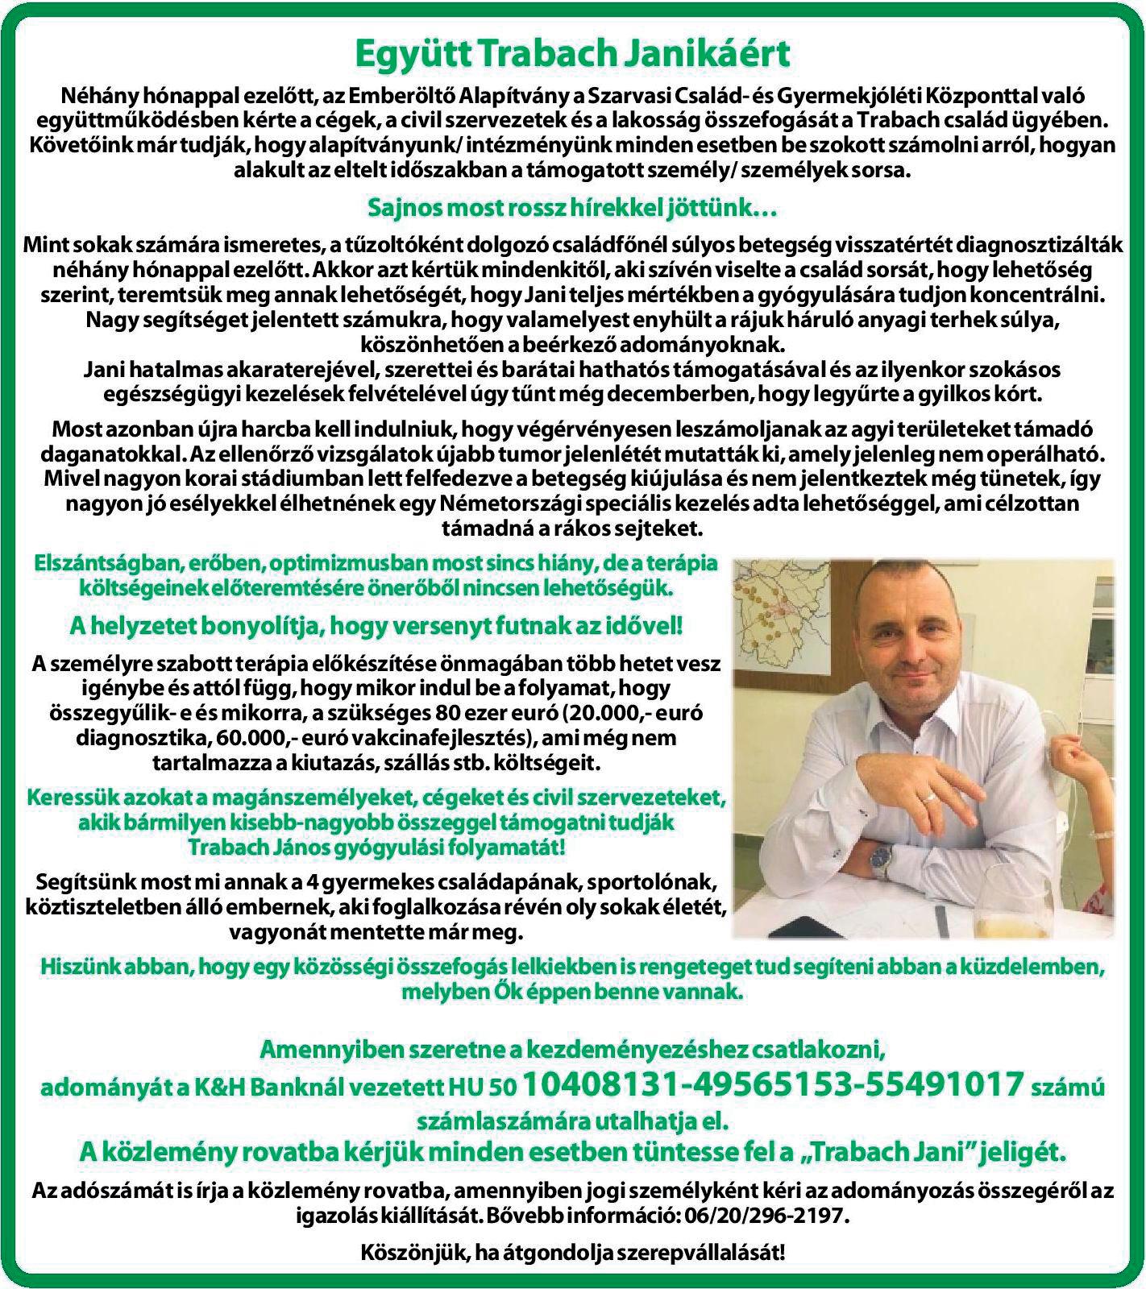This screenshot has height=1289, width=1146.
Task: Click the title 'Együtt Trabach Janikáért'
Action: click(572, 55)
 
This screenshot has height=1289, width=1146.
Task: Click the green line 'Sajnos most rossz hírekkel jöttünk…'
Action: click(572, 209)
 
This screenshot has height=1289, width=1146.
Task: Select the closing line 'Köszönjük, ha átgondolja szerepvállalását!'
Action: click(572, 1253)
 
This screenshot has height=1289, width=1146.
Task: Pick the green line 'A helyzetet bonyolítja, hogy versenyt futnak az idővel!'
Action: click(376, 625)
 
